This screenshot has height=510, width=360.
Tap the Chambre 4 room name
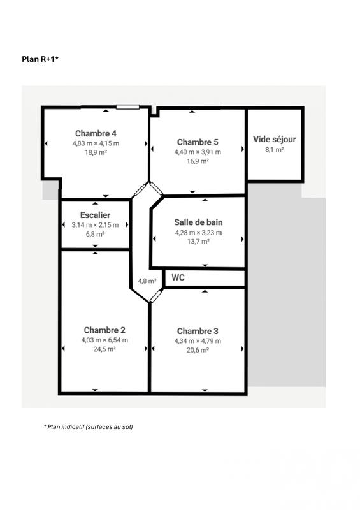pos(96,133)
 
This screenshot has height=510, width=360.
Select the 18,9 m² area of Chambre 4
pos(96,153)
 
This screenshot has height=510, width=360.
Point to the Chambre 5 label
pos(198,142)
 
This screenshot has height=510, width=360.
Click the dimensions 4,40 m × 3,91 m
pos(198,152)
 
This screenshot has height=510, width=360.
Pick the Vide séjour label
pos(275,139)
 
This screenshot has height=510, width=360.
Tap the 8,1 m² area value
pos(275,149)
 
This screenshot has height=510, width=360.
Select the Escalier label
pos(96,215)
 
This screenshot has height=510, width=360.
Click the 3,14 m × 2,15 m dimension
pos(96,224)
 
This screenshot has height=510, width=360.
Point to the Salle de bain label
pos(198,222)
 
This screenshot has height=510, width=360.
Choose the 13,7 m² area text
pos(198,242)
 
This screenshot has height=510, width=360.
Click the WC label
pos(178,277)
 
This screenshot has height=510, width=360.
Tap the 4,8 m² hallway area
pos(147,280)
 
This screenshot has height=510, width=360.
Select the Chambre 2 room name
pos(104,330)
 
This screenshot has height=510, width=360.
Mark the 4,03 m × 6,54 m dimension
pos(104,340)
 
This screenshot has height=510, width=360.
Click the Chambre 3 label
pos(198,330)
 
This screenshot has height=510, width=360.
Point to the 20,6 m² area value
pos(198,350)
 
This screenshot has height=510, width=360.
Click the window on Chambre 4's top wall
pos(127,107)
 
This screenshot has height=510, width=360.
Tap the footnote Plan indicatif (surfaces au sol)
pos(88,426)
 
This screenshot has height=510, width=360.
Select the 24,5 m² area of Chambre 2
pos(104,349)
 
